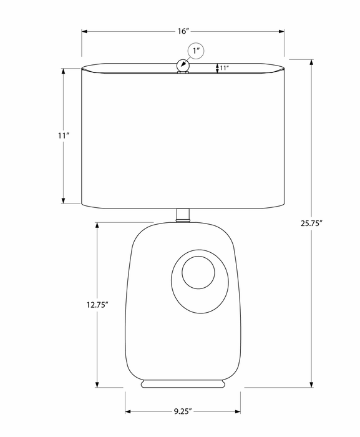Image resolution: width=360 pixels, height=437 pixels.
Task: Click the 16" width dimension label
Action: click(x=183, y=31)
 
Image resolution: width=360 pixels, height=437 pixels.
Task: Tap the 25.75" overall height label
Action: click(x=311, y=223)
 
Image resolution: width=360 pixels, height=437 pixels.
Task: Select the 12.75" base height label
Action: click(x=97, y=305)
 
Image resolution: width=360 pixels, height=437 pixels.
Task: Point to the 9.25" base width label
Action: click(x=183, y=411)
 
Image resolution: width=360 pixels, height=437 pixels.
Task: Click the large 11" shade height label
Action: click(x=64, y=135)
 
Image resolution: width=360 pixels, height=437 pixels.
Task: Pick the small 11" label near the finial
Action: click(x=225, y=67)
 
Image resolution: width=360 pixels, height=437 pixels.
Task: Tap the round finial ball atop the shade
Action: click(x=183, y=66)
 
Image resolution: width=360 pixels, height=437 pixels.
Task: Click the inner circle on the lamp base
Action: click(x=198, y=272)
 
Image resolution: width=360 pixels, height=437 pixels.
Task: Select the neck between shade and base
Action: click(x=183, y=215)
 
